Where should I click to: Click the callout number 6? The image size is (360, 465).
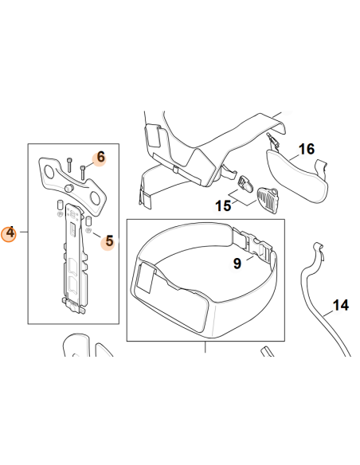coord(100,158)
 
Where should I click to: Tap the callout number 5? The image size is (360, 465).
coord(108,240)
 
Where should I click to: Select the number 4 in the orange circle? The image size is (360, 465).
coord(10,233)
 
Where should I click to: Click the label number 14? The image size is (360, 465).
coord(340,304)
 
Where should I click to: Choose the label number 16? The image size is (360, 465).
coord(306,149)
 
